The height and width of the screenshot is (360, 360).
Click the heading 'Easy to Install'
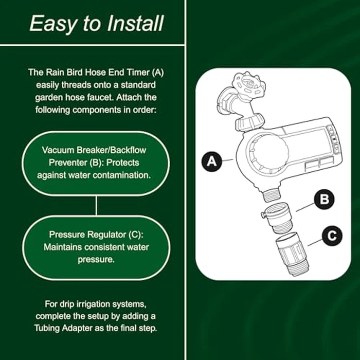pyautogui.click(x=97, y=23)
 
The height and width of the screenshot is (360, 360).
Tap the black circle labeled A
pyautogui.click(x=211, y=163)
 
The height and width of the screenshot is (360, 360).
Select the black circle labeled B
pyautogui.click(x=324, y=200)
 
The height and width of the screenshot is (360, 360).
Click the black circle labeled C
pyautogui.click(x=332, y=236)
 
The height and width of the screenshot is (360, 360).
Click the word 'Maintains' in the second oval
pyautogui.click(x=62, y=248)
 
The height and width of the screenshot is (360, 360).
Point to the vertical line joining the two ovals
pyautogui.click(x=96, y=205)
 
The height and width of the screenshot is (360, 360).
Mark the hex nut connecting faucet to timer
pyautogui.click(x=249, y=123)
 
